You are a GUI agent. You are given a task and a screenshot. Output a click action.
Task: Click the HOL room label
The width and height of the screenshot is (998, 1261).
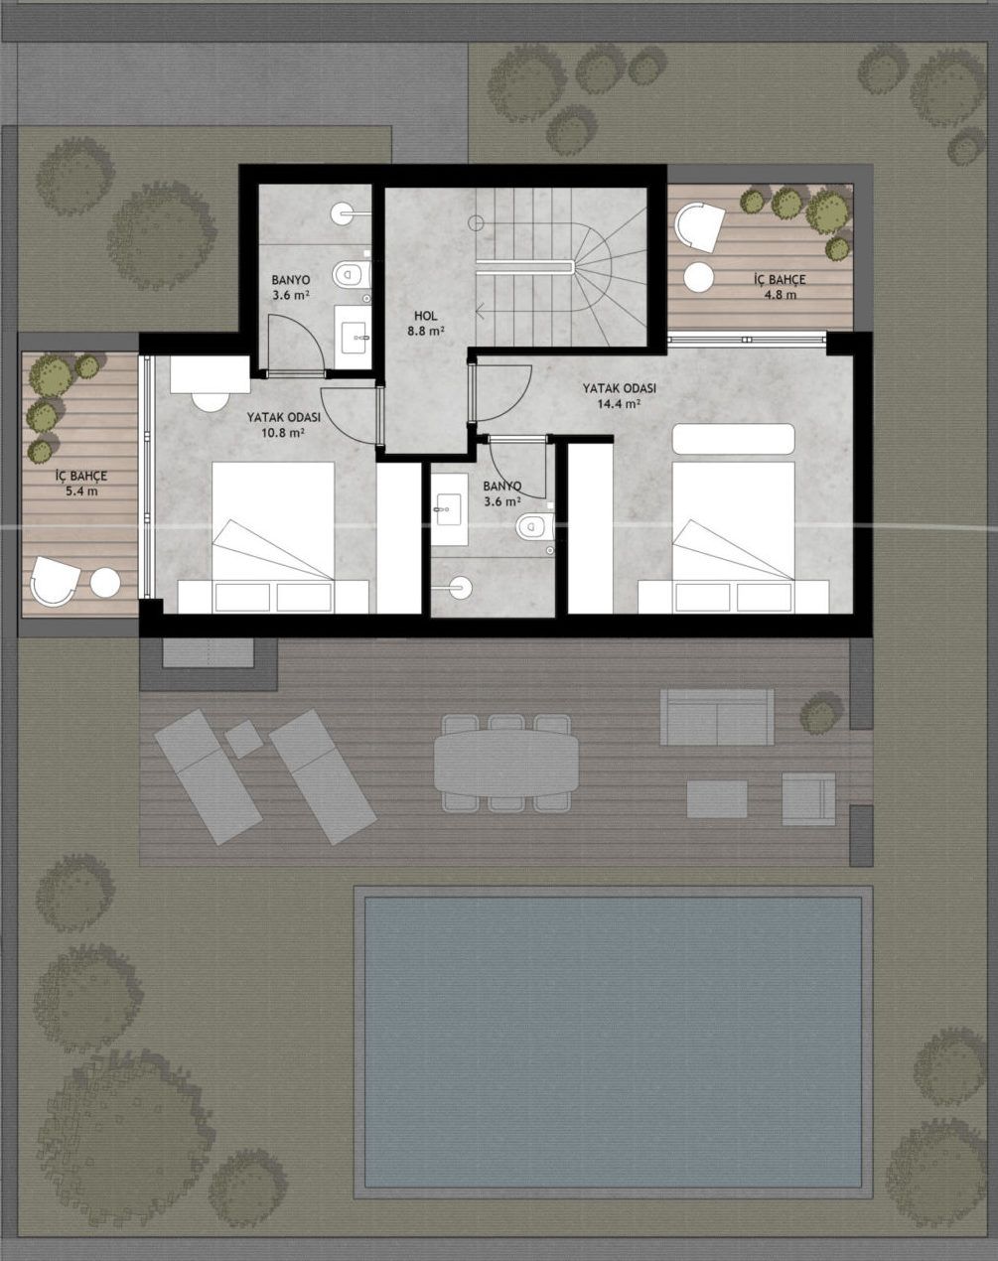[426, 317]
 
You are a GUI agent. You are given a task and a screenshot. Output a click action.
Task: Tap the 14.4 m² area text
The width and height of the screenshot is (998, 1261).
[619, 403]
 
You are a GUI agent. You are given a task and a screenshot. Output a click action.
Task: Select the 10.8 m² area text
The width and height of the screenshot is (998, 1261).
[283, 433]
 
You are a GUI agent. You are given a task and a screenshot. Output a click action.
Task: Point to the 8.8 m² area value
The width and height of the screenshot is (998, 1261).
[426, 331]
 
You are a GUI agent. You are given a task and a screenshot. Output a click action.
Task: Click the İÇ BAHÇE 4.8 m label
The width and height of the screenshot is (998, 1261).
[780, 287]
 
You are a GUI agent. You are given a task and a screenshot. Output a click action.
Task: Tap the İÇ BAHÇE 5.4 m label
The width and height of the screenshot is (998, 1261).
[81, 484]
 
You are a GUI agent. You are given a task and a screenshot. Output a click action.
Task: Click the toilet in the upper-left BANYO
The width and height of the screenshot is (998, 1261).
[352, 274]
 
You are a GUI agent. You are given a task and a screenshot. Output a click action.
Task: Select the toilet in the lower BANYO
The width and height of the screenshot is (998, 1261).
[535, 526]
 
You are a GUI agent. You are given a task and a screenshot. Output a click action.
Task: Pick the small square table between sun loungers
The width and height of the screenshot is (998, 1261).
[244, 739]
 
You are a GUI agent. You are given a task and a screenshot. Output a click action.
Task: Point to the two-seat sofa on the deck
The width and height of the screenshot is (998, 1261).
[717, 717]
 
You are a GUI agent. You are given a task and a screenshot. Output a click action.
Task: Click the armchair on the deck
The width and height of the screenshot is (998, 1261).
[808, 798]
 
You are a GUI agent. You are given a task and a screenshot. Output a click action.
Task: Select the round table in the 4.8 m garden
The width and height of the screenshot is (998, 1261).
[699, 277]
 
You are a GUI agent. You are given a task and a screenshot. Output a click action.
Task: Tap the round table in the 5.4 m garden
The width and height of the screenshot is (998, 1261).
[105, 583]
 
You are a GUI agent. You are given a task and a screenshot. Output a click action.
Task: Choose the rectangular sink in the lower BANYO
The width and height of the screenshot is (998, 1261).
[449, 509]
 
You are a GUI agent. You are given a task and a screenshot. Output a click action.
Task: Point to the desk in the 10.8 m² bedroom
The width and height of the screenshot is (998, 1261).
[210, 375]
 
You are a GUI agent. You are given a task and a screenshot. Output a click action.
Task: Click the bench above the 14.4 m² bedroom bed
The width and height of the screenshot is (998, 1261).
[733, 439]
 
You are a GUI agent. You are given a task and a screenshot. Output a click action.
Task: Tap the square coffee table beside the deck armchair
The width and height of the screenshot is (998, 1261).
[717, 798]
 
